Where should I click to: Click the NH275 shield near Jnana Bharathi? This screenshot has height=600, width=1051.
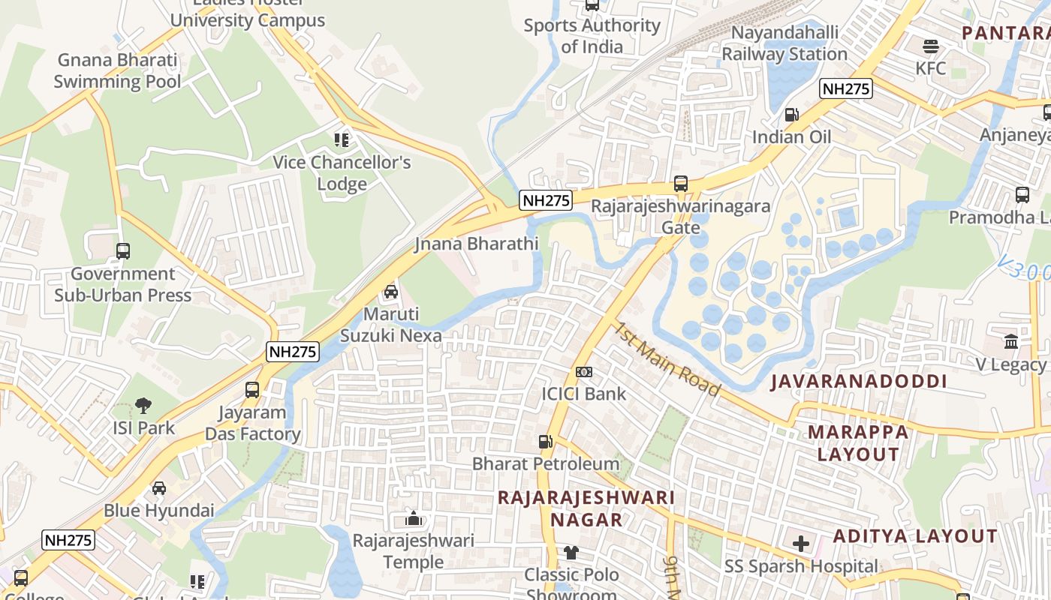[x=546, y=200]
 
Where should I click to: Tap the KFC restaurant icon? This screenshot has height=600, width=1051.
[x=931, y=46]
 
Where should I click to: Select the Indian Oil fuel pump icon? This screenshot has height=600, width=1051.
[x=791, y=115]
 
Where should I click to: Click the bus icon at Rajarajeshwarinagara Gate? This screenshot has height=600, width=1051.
[x=680, y=184]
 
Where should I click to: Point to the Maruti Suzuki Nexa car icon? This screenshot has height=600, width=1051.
[x=390, y=292]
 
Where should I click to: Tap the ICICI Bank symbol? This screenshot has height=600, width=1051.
[x=584, y=372]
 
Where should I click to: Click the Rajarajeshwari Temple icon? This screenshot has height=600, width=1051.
[x=413, y=518]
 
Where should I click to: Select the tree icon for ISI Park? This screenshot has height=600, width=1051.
[x=143, y=406]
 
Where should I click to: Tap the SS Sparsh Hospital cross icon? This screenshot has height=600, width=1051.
[x=801, y=544]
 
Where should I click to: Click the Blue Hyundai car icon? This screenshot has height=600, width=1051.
[x=159, y=488]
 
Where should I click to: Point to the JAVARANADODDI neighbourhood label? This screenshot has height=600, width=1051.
[x=859, y=381]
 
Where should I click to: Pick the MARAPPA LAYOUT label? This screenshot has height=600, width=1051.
[x=857, y=443]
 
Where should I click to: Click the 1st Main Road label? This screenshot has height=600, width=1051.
[x=667, y=360]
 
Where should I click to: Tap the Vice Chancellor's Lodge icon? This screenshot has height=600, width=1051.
[x=342, y=139]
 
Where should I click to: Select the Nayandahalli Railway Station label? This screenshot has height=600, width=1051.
[x=784, y=43]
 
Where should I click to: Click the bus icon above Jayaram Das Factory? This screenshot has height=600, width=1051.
[x=252, y=390]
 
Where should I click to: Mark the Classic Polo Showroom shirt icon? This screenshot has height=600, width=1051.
[x=572, y=553]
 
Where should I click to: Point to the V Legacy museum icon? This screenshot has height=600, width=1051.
[x=1011, y=341]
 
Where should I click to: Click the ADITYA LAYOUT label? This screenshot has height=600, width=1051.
[x=915, y=536]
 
